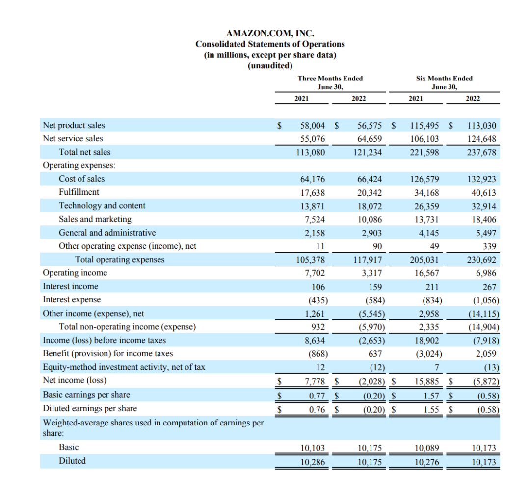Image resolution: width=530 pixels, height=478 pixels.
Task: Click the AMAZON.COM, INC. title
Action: tap(270, 33)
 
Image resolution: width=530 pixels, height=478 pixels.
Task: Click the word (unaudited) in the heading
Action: tap(270, 65)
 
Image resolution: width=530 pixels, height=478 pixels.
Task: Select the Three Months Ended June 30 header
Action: tap(330, 82)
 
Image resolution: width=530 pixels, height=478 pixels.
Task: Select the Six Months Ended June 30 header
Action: tap(444, 82)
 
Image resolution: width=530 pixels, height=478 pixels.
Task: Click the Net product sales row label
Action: tap(74, 125)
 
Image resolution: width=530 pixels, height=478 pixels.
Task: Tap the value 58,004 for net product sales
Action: tap(312, 126)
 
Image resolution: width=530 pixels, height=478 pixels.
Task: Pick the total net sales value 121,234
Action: tap(368, 152)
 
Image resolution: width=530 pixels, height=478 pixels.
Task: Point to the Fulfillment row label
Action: tap(79, 192)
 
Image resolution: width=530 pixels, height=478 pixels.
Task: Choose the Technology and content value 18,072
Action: tap(370, 206)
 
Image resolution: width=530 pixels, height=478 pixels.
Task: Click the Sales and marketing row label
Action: tap(95, 219)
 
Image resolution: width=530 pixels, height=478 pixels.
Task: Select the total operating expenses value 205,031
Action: tap(424, 260)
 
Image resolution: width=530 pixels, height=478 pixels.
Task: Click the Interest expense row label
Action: tap(72, 300)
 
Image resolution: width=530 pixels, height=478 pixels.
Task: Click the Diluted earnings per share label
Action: tap(90, 408)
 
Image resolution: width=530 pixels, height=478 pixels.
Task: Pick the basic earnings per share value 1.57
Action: tap(430, 395)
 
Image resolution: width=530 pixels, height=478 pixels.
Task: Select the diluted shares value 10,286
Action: tap(312, 462)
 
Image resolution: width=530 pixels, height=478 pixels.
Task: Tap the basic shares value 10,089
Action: tap(426, 448)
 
